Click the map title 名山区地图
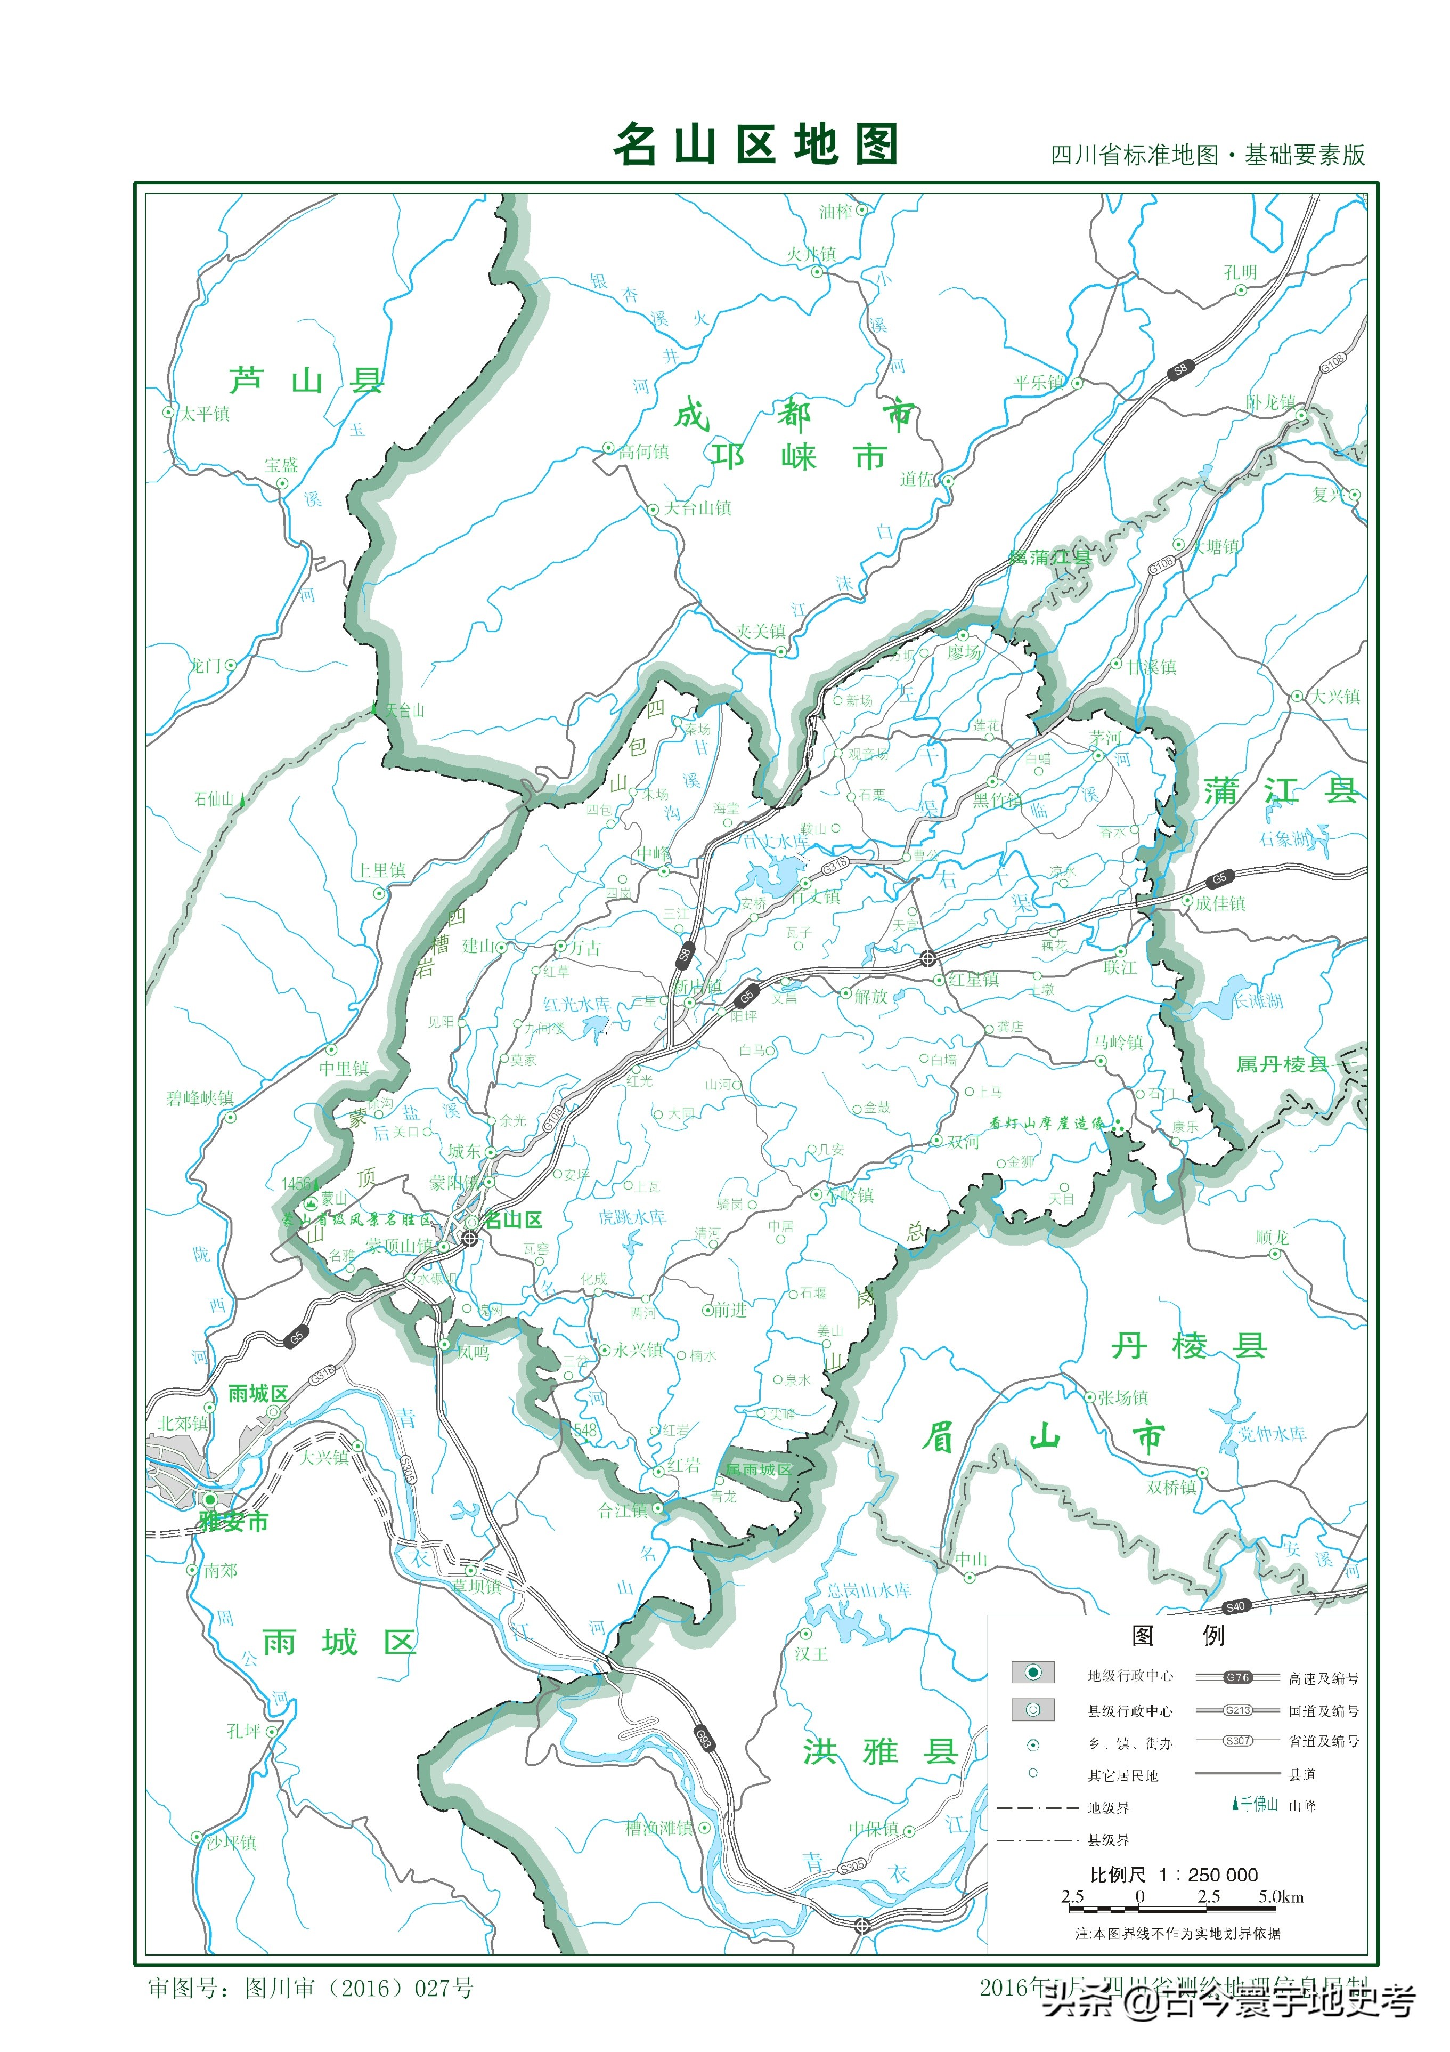point(755,145)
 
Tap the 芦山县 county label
point(306,382)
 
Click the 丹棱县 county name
point(1189,1346)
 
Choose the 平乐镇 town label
point(1038,383)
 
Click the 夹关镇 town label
point(760,631)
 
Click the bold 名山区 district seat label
point(513,1220)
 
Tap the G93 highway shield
point(704,1738)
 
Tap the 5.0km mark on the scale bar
point(1280,1896)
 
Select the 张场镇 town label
point(1122,1397)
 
